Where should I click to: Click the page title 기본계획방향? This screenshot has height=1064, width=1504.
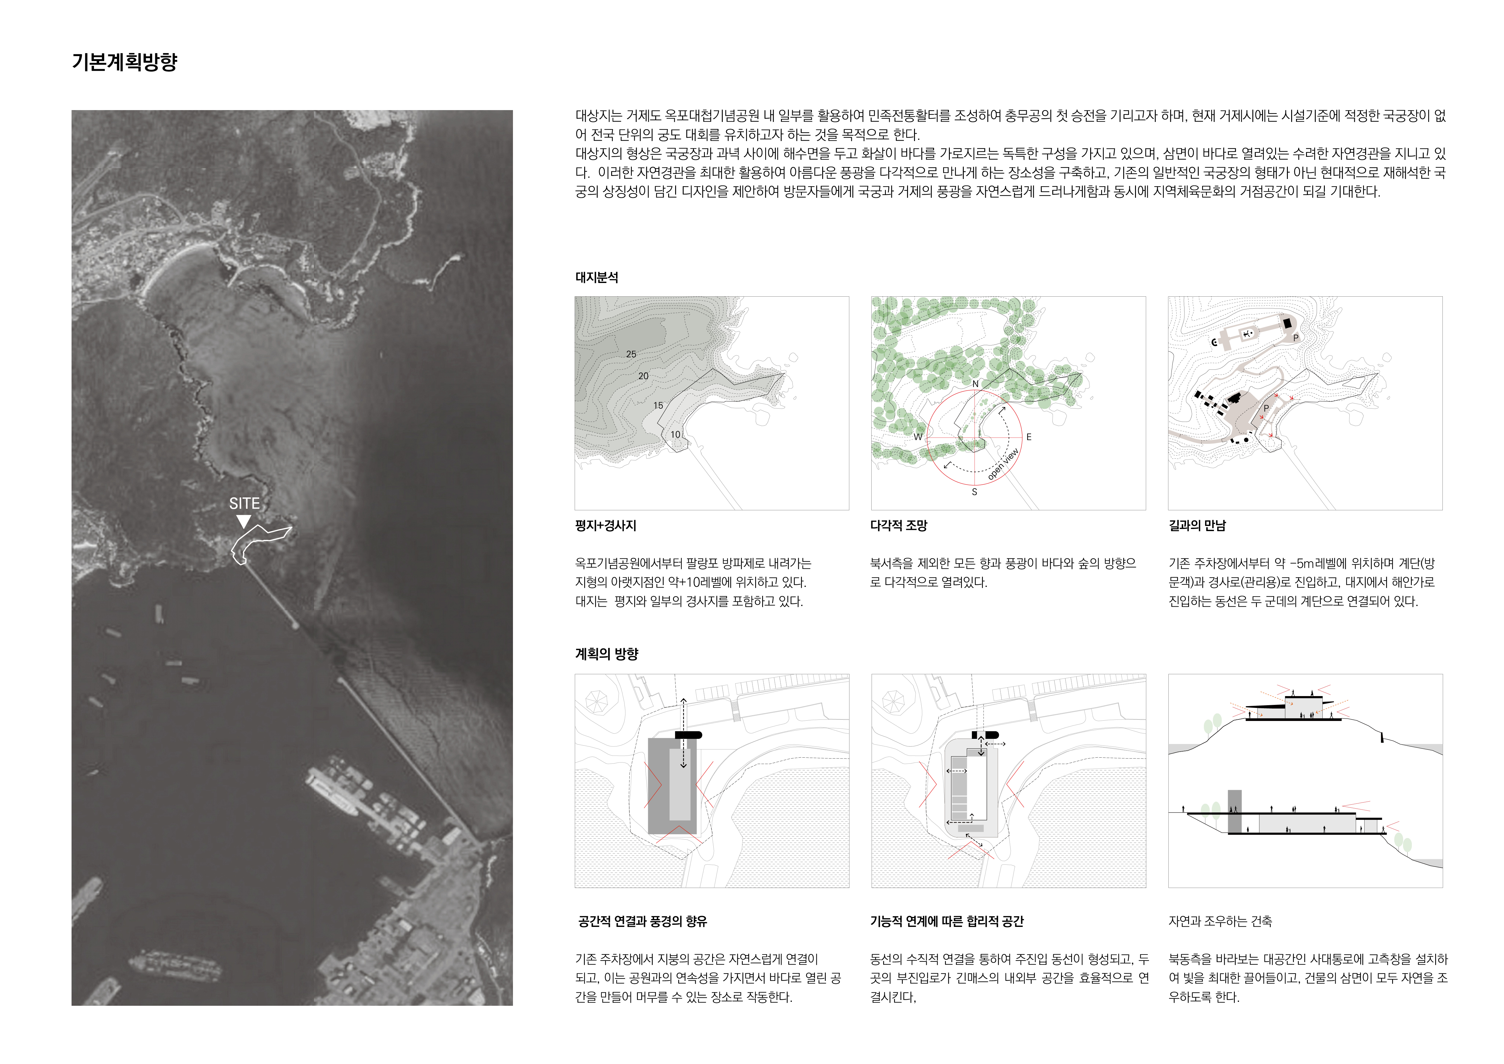pyautogui.click(x=125, y=62)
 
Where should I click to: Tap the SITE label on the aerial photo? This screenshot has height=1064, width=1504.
pyautogui.click(x=244, y=503)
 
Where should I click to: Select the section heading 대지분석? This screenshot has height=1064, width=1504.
pyautogui.click(x=596, y=277)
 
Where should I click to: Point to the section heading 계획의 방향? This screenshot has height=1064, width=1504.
pyautogui.click(x=606, y=654)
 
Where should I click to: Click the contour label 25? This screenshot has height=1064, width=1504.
pyautogui.click(x=631, y=354)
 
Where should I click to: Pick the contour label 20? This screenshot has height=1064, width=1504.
pyautogui.click(x=643, y=376)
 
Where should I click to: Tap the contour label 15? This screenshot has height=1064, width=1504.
pyautogui.click(x=658, y=406)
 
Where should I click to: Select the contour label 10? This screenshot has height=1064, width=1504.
pyautogui.click(x=675, y=434)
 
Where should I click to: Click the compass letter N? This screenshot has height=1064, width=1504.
pyautogui.click(x=975, y=384)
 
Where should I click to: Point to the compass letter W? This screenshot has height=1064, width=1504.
pyautogui.click(x=918, y=436)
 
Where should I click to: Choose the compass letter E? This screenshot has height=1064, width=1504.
pyautogui.click(x=1028, y=437)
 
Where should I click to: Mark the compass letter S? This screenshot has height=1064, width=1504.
pyautogui.click(x=974, y=492)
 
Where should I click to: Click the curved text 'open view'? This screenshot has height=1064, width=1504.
pyautogui.click(x=1003, y=464)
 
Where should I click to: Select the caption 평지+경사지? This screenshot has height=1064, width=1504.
pyautogui.click(x=605, y=525)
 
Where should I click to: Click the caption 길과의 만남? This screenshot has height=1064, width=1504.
pyautogui.click(x=1197, y=525)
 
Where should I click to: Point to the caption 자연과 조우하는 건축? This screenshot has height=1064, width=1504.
pyautogui.click(x=1220, y=921)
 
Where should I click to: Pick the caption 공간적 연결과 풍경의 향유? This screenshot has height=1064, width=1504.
pyautogui.click(x=642, y=921)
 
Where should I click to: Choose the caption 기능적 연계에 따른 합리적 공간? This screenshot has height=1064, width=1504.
pyautogui.click(x=946, y=921)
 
